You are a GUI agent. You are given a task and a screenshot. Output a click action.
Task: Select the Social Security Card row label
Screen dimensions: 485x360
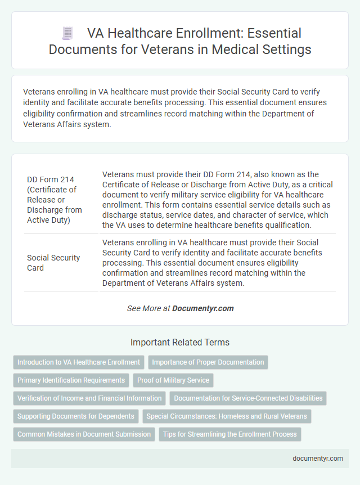tap(53, 263)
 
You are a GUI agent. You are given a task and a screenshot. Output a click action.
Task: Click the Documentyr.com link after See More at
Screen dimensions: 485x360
tap(202, 308)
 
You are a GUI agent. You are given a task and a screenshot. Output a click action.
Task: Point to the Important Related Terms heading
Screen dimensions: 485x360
tap(180, 342)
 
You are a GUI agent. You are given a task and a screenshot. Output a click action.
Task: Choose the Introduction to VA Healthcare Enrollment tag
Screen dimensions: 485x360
tap(79, 362)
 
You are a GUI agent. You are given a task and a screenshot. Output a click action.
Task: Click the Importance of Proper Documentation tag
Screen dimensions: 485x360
tap(208, 362)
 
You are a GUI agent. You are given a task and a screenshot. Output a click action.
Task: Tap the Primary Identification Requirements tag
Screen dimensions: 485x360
tap(71, 380)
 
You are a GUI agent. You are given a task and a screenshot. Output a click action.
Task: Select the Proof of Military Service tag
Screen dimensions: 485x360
tap(173, 380)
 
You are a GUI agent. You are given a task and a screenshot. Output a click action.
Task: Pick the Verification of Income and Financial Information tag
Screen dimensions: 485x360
tap(89, 398)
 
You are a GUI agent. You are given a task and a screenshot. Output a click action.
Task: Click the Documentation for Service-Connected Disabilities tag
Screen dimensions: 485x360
tap(248, 398)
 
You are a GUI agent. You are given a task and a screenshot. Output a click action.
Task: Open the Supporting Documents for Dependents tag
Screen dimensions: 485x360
tap(76, 416)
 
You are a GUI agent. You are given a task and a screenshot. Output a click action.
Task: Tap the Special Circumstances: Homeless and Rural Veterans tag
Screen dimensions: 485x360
tap(225, 416)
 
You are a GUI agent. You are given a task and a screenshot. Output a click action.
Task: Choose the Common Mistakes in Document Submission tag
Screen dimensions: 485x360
tap(84, 434)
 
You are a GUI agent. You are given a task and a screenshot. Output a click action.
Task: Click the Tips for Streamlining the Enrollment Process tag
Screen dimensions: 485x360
tap(230, 434)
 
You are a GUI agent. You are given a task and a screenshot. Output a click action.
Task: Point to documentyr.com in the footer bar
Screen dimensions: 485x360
tap(318, 459)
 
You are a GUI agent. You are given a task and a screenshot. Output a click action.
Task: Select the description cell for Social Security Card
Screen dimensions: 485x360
tap(218, 263)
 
